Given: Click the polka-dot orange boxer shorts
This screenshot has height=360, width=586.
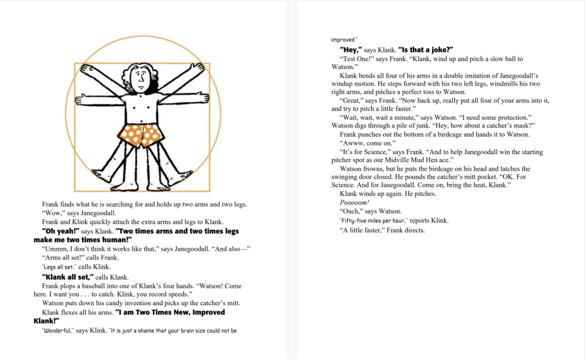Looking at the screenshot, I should click(x=142, y=135).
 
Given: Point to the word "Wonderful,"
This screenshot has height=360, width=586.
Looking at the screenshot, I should click(x=58, y=330).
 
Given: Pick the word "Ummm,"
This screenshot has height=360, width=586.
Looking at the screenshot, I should click(x=55, y=249).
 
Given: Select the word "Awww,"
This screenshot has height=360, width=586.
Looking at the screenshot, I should click(x=353, y=143).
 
